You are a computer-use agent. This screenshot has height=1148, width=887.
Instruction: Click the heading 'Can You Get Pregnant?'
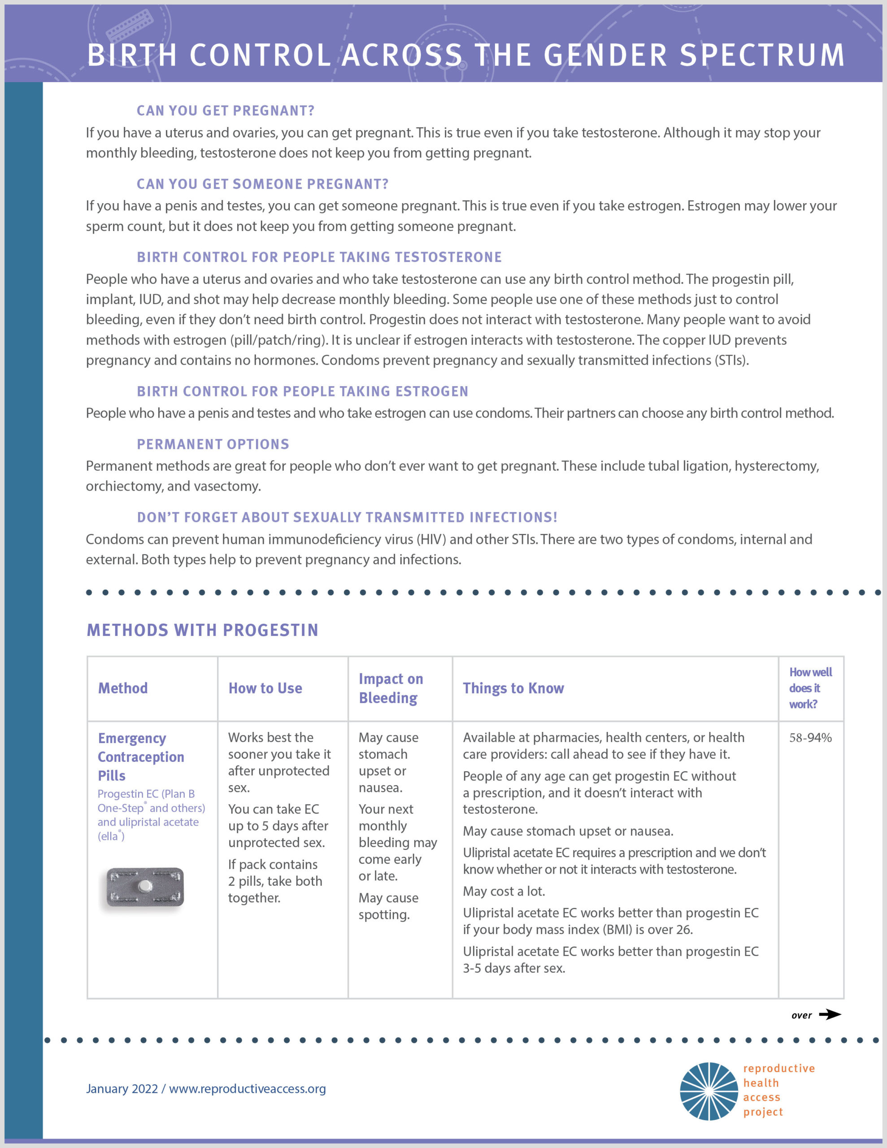225,110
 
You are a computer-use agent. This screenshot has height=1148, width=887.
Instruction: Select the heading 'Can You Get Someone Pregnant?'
262,184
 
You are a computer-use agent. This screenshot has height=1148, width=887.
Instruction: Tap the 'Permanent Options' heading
213,444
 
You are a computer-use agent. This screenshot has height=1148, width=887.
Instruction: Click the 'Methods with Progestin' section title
202,630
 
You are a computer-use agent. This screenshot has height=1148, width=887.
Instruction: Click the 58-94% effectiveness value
810,738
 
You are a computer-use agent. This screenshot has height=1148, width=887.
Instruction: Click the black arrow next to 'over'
830,1014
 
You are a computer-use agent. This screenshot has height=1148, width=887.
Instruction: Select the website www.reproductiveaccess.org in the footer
247,1089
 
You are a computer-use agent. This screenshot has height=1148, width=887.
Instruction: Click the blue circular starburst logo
709,1091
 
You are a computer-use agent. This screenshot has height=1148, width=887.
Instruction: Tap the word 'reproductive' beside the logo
778,1068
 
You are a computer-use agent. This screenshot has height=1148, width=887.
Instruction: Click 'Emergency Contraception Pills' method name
140,757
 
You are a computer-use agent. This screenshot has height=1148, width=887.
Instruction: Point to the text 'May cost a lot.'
504,891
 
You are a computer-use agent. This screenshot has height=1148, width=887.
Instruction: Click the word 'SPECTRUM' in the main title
761,55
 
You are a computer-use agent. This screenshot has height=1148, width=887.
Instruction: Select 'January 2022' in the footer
122,1089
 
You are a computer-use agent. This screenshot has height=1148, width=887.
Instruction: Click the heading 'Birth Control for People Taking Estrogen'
302,391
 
